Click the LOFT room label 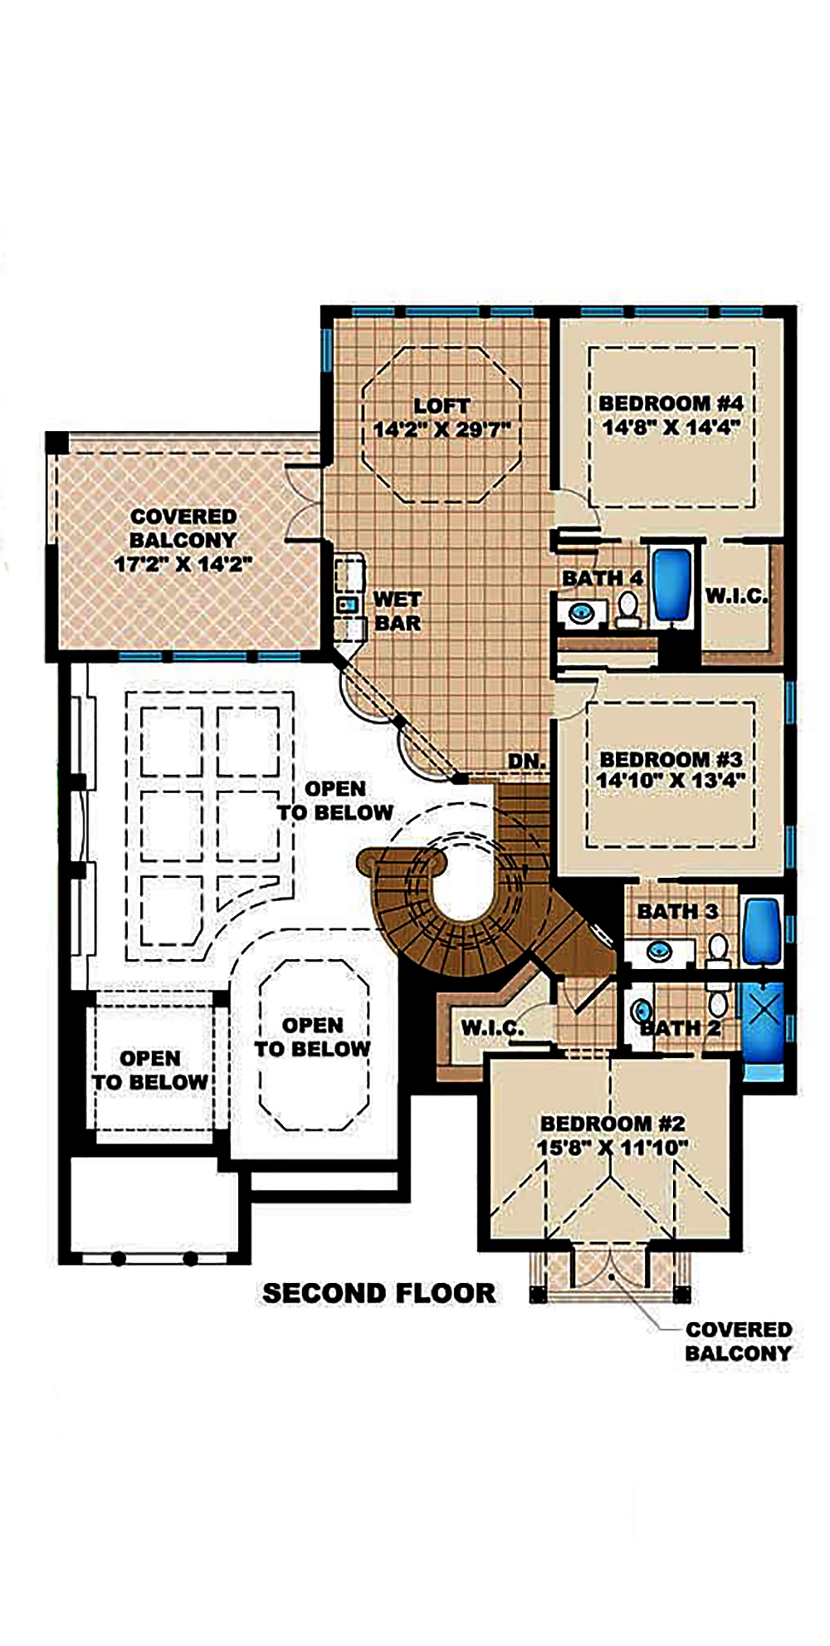click(442, 406)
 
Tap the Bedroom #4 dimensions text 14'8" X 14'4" click(671, 427)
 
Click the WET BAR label click(398, 610)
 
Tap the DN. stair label click(527, 761)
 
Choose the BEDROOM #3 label click(671, 759)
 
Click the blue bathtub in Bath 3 click(759, 931)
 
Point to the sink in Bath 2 click(641, 1012)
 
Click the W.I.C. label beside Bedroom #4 click(736, 595)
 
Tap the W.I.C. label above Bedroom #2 click(492, 1028)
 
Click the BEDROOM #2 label click(613, 1124)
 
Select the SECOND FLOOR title click(379, 1293)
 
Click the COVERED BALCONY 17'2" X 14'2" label click(183, 541)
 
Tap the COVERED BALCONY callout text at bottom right click(738, 1341)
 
